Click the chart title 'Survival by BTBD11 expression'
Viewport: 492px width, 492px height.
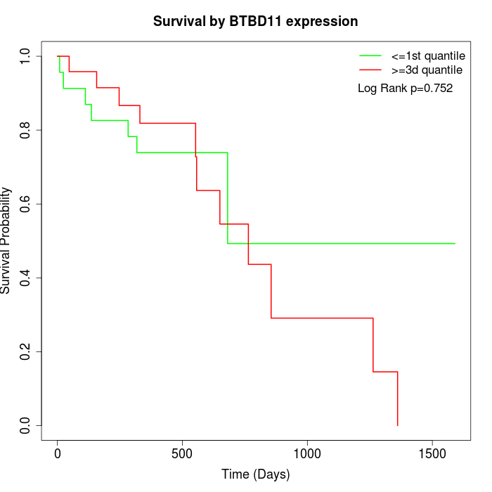point(255,22)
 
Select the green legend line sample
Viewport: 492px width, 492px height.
point(370,55)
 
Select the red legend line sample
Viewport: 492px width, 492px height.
point(370,70)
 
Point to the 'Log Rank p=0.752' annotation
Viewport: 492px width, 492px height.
point(405,89)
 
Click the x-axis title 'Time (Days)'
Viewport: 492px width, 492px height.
point(255,474)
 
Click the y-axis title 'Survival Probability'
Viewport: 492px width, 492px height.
point(6,240)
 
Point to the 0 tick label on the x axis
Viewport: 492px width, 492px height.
point(58,453)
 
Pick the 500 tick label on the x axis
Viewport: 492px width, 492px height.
point(183,453)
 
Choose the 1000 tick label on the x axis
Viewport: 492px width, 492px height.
point(308,453)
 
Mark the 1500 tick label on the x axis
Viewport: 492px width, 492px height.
point(432,453)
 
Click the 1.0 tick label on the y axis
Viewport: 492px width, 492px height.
point(26,56)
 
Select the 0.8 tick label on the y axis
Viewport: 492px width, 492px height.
point(26,130)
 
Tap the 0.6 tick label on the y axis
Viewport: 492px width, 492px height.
point(26,204)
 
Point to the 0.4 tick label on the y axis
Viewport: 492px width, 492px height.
point(26,278)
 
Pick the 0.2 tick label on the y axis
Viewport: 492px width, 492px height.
point(26,351)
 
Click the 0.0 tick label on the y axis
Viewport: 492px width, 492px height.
point(26,425)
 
